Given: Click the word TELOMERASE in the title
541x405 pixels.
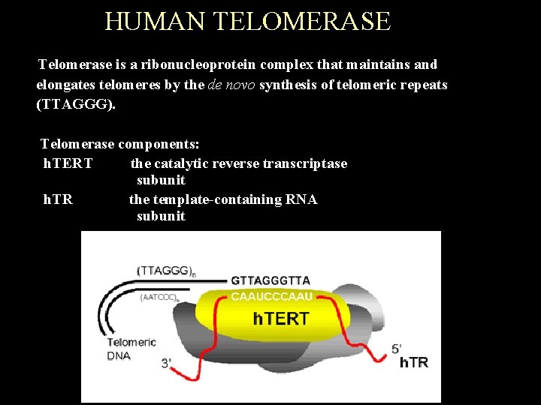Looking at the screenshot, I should point(302,21).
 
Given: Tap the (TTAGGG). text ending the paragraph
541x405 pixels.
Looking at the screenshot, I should point(76,104).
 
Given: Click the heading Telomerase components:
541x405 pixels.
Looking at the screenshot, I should point(119,143).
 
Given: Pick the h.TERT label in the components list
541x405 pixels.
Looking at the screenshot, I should point(68,163).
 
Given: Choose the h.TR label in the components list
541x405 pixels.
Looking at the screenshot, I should point(58,199).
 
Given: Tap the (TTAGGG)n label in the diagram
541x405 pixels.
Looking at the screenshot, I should point(166,271).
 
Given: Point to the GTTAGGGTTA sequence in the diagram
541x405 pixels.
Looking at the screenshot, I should point(270,280).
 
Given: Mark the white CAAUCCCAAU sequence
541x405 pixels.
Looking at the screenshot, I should point(271,296).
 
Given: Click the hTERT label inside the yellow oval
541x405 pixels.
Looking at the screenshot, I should point(280,319).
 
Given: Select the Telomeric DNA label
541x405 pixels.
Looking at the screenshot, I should point(131,349).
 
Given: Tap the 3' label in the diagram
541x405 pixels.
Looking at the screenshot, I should point(167,363).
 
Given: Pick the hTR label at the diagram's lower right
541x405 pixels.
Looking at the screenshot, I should point(413,363).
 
